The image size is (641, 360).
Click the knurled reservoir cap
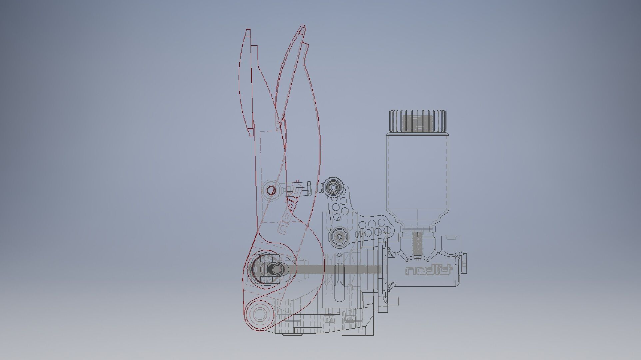[x=418, y=121]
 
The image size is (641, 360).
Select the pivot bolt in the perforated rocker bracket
[x=339, y=237]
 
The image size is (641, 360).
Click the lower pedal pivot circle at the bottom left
[x=259, y=314]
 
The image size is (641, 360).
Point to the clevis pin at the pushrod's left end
[x=275, y=268]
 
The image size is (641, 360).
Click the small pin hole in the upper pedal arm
[x=271, y=191]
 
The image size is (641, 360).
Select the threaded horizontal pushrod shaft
[x=333, y=269]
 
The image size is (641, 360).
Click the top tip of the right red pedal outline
[x=303, y=27]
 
